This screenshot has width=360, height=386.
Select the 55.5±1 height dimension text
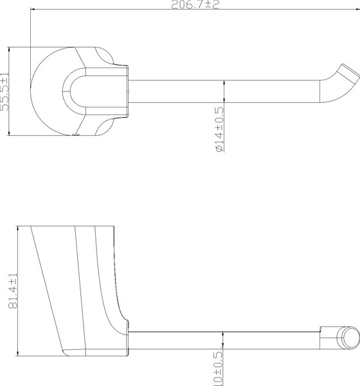point(5,92)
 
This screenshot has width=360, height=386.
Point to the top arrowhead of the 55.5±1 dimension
point(9,50)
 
